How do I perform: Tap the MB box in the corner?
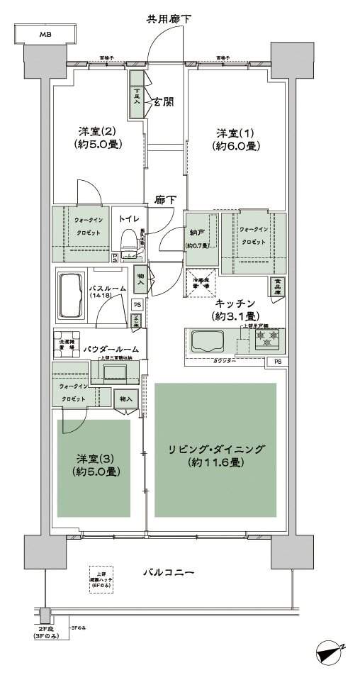[x=45, y=34]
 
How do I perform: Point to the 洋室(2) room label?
[x=97, y=132]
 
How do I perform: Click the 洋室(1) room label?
[x=236, y=133]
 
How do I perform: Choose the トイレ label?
[x=128, y=219]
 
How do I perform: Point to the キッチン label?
[x=236, y=302]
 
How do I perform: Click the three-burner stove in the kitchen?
[x=266, y=338]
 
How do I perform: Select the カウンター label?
[x=224, y=361]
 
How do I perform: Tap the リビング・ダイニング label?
[x=216, y=449]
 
